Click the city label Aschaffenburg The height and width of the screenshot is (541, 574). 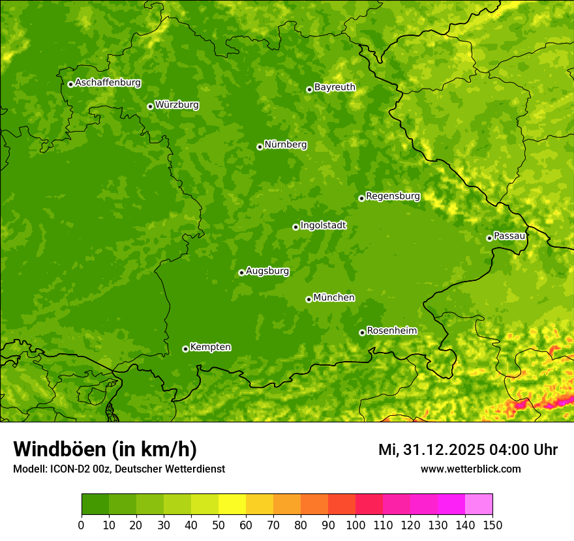tap(108, 83)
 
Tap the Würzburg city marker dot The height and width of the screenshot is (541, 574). tap(150, 106)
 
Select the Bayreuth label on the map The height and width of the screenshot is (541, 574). tap(335, 87)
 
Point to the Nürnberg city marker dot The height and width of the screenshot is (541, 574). tap(260, 147)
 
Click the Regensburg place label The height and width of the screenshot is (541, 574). tap(393, 196)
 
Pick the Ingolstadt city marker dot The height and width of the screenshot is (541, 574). tap(295, 227)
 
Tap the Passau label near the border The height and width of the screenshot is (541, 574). tap(509, 236)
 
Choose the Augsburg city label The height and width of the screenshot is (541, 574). tap(267, 271)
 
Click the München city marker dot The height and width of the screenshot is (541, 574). tap(309, 299)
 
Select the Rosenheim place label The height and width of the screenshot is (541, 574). tap(391, 331)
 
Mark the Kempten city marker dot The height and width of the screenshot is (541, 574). tap(185, 349)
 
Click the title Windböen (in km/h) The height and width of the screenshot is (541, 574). tap(104, 449)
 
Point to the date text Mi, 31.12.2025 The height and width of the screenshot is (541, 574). tap(430, 450)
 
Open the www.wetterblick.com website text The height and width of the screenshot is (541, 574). tap(470, 469)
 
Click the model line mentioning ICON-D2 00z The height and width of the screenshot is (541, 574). tap(119, 469)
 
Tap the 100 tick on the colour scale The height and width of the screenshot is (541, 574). tap(355, 525)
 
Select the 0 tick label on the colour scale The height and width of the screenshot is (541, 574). tap(82, 525)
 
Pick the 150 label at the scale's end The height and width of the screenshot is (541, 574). tap(492, 525)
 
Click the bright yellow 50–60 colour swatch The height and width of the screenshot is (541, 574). tap(232, 504)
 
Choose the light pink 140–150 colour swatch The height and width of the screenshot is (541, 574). tap(479, 504)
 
